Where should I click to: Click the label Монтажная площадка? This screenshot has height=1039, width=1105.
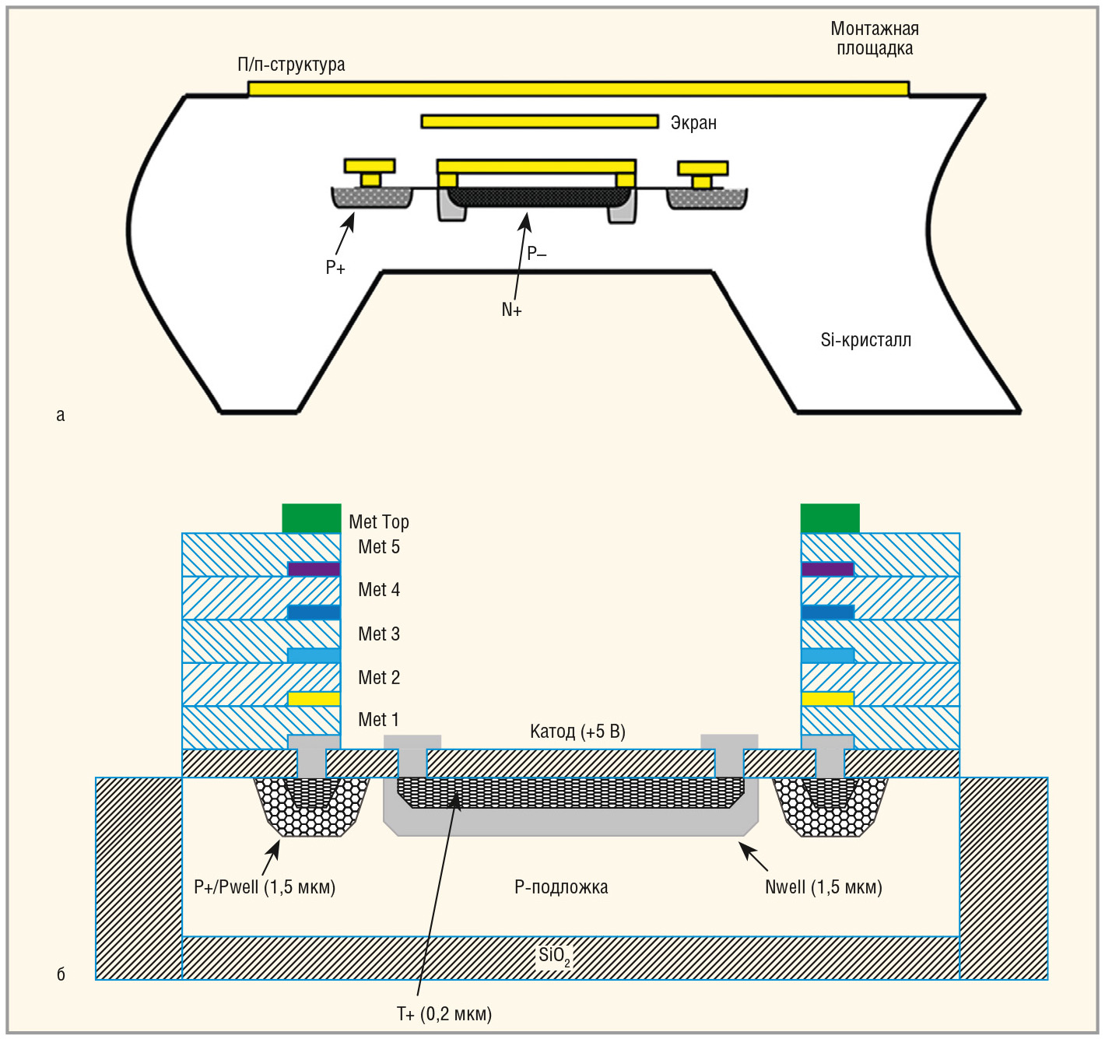click(875, 39)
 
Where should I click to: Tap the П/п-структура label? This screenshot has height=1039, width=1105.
click(291, 65)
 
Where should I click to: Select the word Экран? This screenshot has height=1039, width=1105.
click(693, 123)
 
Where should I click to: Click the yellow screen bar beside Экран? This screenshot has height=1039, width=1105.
click(539, 121)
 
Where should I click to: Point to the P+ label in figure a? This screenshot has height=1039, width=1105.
click(335, 268)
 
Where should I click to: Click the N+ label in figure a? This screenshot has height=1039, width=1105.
click(511, 310)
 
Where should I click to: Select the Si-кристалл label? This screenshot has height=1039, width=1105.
click(865, 340)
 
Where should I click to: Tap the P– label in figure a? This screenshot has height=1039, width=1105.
click(537, 253)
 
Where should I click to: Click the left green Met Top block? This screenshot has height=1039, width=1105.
click(311, 518)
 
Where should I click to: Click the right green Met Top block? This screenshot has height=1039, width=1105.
click(830, 518)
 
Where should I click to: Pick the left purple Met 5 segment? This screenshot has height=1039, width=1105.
click(314, 569)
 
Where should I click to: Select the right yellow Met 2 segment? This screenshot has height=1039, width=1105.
click(827, 699)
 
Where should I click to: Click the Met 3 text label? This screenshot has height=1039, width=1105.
click(379, 634)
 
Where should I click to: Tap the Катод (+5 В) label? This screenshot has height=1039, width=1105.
click(577, 732)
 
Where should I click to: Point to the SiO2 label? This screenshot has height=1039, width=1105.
click(554, 956)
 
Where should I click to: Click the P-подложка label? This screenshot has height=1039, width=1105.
click(561, 887)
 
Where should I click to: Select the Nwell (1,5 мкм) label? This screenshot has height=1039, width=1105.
click(823, 887)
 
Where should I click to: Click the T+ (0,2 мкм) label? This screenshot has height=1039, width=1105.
click(444, 1014)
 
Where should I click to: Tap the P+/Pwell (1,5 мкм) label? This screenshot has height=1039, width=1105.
click(265, 887)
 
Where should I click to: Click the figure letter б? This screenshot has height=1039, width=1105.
click(61, 974)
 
